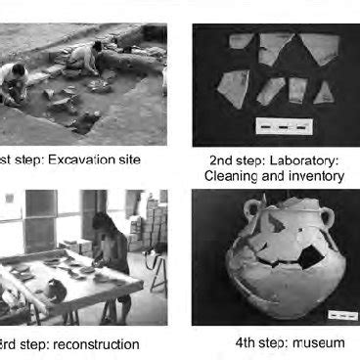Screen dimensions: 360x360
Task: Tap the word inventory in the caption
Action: click(314, 176)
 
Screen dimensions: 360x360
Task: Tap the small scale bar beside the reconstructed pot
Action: click(342, 315)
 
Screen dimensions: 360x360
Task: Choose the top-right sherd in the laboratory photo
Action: click(318, 47)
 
